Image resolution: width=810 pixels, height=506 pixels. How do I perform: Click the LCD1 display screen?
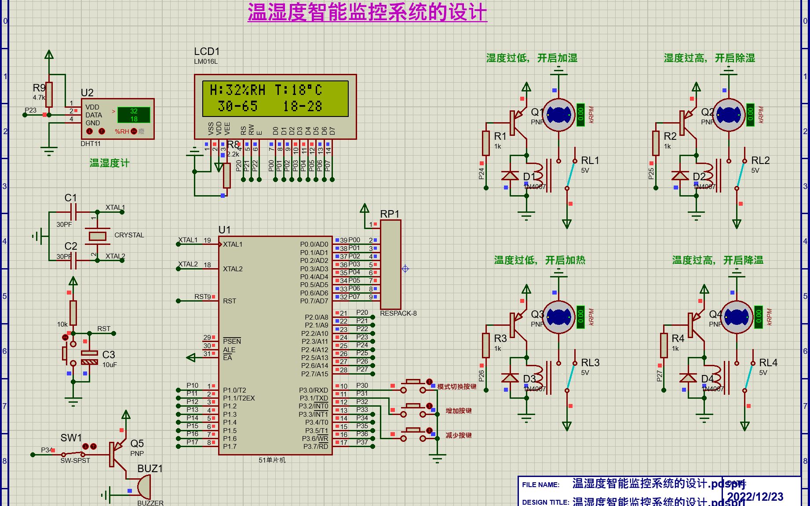tap(275, 98)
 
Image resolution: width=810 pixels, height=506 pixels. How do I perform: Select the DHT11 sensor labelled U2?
tap(117, 119)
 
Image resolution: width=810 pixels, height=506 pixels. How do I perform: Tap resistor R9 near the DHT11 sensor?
tap(49, 94)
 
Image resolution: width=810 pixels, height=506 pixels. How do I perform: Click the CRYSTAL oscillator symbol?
tap(97, 236)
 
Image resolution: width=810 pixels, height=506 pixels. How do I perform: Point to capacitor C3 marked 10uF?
tap(90, 357)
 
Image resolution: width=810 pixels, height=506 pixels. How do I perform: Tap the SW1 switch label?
tap(71, 438)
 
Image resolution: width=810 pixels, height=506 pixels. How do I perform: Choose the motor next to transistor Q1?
tap(558, 115)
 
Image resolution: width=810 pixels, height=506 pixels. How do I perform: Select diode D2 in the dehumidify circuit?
tap(680, 176)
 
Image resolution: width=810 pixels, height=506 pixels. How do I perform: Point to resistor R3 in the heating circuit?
tap(485, 345)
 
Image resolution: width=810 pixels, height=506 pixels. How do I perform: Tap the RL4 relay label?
tap(768, 363)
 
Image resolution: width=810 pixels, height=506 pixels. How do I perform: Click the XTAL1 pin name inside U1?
tap(233, 244)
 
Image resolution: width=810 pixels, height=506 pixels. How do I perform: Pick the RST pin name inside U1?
tap(230, 301)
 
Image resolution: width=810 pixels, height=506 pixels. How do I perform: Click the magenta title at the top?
tap(367, 12)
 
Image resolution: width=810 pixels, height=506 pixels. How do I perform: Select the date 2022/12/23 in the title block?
tap(755, 497)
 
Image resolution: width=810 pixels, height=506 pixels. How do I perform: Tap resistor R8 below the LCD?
tap(226, 175)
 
